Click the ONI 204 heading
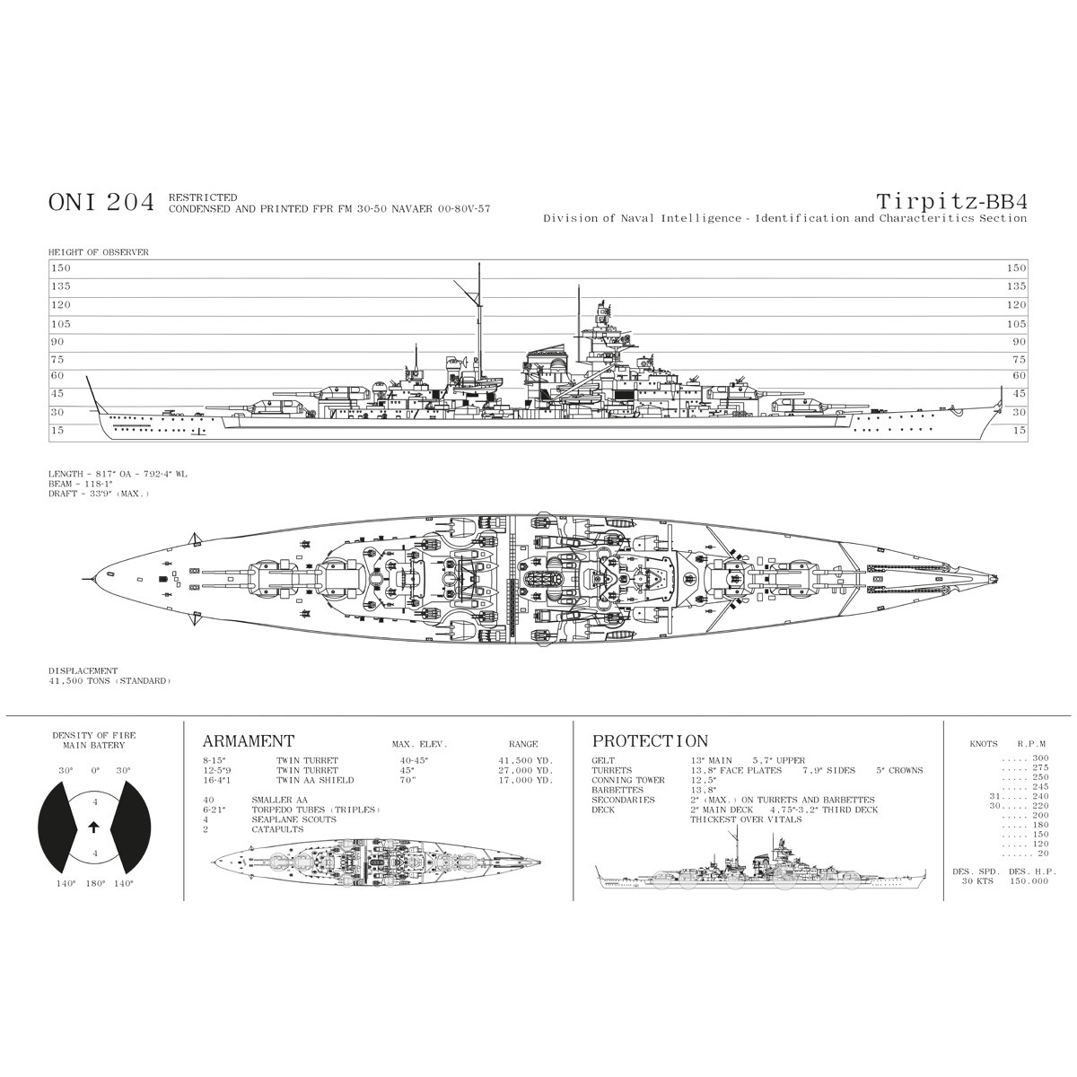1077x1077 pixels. point(101,203)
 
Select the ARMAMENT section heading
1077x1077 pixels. point(249,741)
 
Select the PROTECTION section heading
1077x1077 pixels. point(650,741)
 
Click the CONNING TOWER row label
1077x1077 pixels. point(628,780)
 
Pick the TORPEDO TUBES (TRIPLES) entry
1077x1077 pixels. point(317,810)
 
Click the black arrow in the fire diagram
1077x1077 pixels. point(94,827)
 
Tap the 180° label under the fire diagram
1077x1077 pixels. point(94,883)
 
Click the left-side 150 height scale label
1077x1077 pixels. point(60,267)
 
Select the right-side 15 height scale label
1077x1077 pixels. point(1019,431)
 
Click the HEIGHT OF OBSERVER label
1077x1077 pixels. point(99,252)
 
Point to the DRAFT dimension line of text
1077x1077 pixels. point(99,494)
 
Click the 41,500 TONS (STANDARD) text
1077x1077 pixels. point(109,681)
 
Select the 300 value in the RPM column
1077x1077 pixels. point(1040,759)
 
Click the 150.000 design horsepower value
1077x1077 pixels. point(1028,881)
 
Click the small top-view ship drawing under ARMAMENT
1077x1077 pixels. point(377,859)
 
